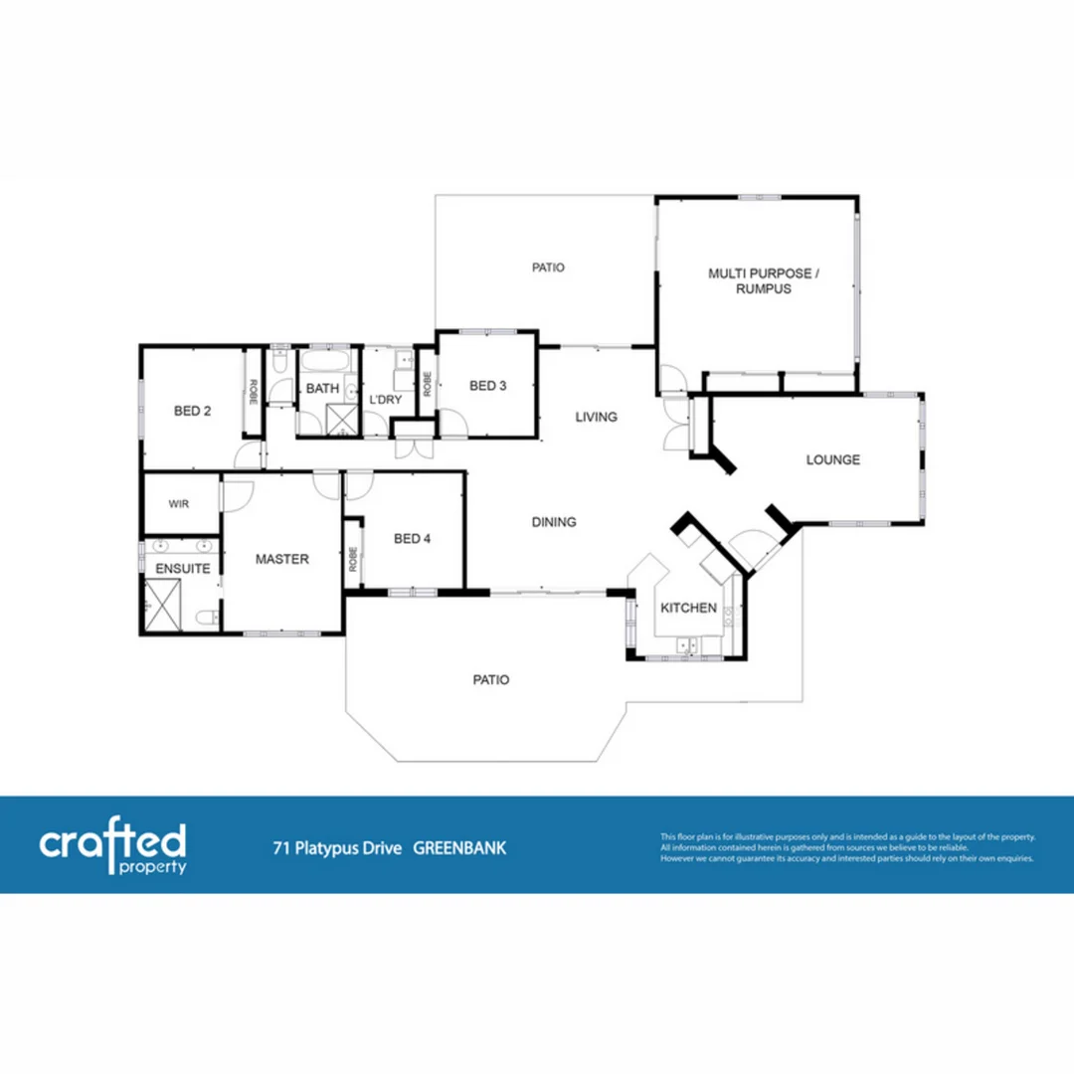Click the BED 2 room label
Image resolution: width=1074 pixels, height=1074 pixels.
pos(192,410)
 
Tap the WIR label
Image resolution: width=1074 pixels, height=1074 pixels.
pos(178,504)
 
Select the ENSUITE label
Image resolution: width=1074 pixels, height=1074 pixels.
pos(182,569)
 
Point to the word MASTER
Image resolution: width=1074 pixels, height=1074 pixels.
pos(281,559)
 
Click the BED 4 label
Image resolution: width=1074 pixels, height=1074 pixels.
pos(412,539)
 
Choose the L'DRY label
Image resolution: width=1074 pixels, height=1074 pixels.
pos(385,400)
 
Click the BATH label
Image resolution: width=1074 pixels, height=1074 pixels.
pos(322,389)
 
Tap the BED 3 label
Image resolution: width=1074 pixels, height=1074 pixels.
pos(487,386)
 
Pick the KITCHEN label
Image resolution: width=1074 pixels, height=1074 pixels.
pos(689,608)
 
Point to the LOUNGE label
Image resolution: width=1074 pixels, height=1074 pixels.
pos(832,459)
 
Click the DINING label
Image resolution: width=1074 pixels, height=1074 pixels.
pos(554,522)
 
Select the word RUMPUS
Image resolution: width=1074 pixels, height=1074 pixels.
pos(764,288)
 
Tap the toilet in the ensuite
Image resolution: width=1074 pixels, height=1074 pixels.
pos(206,620)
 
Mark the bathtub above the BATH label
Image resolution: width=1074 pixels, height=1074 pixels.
pos(323,360)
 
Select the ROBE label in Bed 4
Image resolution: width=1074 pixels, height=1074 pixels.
pos(353,560)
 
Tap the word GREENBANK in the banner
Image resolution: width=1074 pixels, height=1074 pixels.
pos(459,848)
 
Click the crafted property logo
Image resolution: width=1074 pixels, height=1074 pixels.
pos(112,848)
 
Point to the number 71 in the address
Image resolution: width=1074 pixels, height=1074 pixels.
pos(281,848)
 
